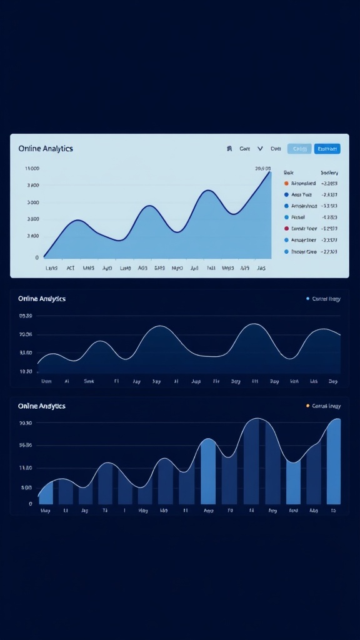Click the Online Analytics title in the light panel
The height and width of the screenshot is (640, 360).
[x=46, y=149]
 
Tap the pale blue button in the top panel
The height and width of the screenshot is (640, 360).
[x=299, y=149]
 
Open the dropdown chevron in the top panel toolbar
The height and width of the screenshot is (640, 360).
[x=260, y=149]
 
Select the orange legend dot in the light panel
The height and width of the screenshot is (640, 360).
[x=286, y=184]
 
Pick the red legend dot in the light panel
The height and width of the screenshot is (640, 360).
[x=286, y=229]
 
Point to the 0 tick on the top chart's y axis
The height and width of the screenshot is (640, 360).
[x=37, y=257]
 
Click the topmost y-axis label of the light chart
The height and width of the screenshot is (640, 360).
[x=32, y=169]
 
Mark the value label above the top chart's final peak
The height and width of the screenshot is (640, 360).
[x=263, y=169]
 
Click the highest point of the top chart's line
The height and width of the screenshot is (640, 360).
[x=270, y=172]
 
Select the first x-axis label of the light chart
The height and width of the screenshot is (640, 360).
[x=52, y=268]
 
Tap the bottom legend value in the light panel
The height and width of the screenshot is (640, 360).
[x=329, y=251]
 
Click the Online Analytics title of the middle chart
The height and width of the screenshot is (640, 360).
[x=42, y=299]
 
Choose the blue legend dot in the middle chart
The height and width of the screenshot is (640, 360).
[x=307, y=299]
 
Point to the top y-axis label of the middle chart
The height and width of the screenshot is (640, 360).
[x=26, y=316]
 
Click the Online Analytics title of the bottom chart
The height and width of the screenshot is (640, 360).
[x=42, y=406]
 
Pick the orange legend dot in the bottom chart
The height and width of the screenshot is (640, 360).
[x=307, y=406]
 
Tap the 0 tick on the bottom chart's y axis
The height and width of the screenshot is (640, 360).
[x=30, y=504]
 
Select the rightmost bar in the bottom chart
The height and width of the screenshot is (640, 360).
[x=334, y=462]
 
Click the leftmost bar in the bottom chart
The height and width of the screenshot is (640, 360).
[x=46, y=494]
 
